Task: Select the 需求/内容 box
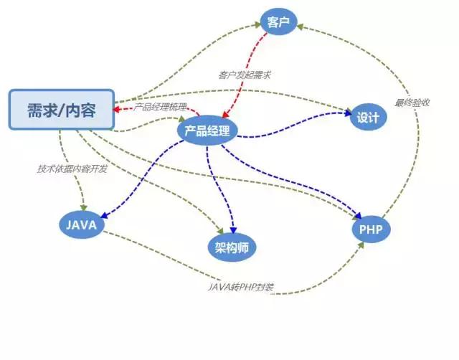click(x=62, y=110)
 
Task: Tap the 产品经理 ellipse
click(x=207, y=130)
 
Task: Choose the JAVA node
click(x=81, y=224)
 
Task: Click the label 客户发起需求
click(x=245, y=75)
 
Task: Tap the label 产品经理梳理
click(x=161, y=107)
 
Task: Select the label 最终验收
click(x=412, y=103)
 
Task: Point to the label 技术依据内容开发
click(x=71, y=169)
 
